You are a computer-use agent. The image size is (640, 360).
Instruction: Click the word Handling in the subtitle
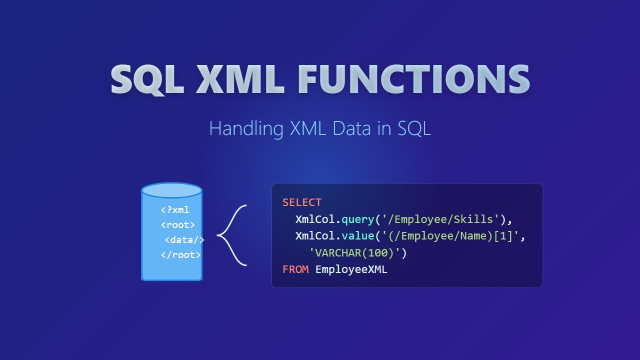click(246, 128)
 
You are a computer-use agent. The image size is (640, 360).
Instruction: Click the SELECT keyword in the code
click(302, 202)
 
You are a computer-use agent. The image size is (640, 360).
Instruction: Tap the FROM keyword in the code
click(295, 269)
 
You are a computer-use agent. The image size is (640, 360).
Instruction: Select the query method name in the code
click(357, 219)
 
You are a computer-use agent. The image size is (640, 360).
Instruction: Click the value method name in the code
click(357, 236)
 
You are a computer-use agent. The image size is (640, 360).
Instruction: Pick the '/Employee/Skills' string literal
click(440, 219)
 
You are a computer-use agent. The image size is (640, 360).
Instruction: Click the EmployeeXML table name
click(351, 269)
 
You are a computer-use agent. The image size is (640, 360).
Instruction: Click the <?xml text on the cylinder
click(175, 210)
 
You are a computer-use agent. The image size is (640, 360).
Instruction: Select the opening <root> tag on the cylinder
click(178, 225)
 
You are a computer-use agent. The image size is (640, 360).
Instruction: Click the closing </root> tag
click(181, 255)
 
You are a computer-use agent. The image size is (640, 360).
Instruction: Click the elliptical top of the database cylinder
click(171, 190)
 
